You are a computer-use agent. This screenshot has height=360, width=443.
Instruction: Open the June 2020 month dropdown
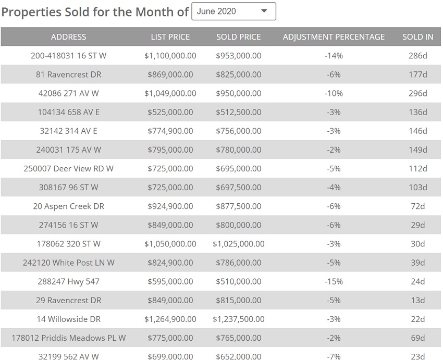coord(233,11)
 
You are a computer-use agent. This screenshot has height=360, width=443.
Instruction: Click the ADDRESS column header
coord(69,37)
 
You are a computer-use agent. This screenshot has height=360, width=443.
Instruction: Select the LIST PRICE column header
coord(170,37)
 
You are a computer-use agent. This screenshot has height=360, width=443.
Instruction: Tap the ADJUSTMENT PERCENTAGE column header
coord(334,37)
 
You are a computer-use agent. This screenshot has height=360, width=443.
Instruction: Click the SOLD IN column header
coord(417,37)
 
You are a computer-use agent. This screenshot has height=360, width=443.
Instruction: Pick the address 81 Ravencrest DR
coord(69,75)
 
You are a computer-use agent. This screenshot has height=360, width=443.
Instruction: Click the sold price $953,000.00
coord(239,56)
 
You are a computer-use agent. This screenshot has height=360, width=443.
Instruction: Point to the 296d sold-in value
coord(417,93)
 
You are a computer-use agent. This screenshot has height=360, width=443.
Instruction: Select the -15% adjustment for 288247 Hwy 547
coord(334,281)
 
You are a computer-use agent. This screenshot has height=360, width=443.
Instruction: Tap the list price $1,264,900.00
coord(170,319)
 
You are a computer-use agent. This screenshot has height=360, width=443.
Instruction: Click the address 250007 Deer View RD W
coord(69,168)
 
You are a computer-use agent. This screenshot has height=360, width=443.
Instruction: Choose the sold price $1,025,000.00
coord(239,244)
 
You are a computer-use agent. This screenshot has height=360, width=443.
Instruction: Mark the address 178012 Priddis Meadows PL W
coord(69,338)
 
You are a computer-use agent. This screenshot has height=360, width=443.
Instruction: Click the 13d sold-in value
coord(417,300)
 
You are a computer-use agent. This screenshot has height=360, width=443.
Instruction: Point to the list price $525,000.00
coord(170,112)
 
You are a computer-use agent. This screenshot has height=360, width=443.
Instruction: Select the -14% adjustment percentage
coord(334,56)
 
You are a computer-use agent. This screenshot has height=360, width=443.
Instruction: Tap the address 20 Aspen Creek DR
coord(69,206)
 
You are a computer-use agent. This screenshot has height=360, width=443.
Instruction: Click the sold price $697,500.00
coord(239,187)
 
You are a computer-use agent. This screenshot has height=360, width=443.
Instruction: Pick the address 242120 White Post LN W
coord(69,263)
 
